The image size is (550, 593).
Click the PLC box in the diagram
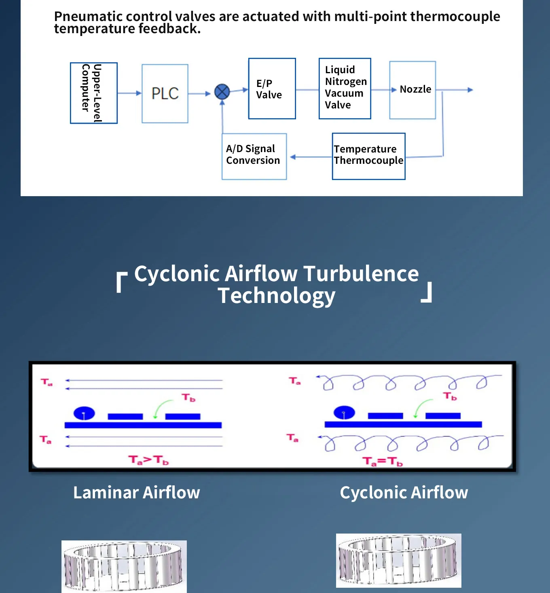tap(165, 93)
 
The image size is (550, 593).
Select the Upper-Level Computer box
tap(94, 93)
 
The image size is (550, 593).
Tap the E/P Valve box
tap(272, 89)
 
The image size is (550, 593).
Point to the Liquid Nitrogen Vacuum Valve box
tap(345, 88)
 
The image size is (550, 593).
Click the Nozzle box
tap(412, 90)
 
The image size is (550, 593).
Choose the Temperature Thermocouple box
tap(368, 156)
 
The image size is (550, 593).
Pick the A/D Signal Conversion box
tap(254, 156)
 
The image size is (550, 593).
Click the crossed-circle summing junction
tap(222, 92)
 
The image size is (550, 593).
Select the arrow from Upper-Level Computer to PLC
tap(129, 93)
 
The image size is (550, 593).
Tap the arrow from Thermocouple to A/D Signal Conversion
tap(311, 157)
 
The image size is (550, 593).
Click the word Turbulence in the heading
tap(361, 274)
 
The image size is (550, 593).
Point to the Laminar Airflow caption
tap(137, 493)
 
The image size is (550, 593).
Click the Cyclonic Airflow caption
tap(404, 493)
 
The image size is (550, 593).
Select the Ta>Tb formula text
tap(148, 460)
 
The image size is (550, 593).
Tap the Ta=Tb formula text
tap(382, 461)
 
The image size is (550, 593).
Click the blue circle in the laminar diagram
tap(84, 413)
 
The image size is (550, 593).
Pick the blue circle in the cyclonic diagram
tap(344, 413)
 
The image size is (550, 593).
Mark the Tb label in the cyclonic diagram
tap(450, 396)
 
